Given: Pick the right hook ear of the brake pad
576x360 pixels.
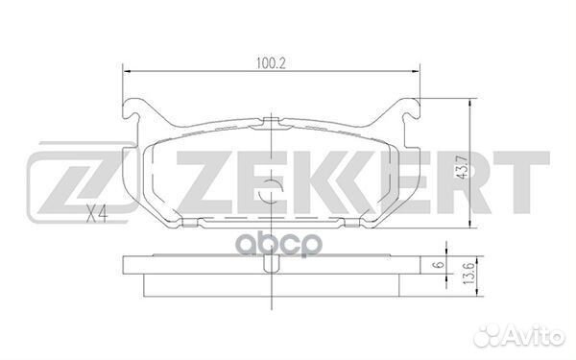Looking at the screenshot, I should click(411, 108).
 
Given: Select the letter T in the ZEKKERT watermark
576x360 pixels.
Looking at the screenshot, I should click(519, 181).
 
